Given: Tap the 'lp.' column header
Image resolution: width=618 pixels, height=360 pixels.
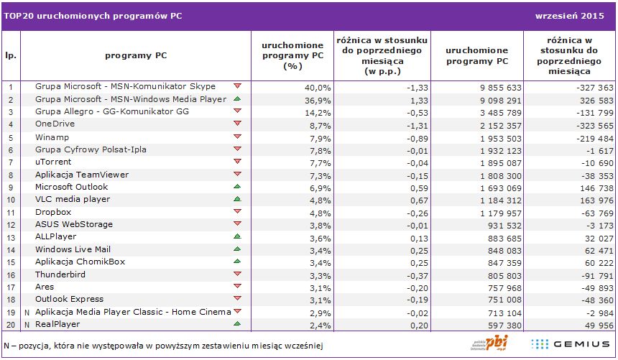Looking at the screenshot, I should (x=11, y=55).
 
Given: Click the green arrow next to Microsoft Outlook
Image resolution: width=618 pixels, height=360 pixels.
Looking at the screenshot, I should (x=237, y=187).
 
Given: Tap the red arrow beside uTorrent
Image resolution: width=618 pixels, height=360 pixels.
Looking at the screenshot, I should (x=237, y=162).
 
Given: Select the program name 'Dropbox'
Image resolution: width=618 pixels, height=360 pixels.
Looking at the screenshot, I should (x=53, y=212).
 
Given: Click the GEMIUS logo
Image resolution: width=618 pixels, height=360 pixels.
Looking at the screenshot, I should (x=572, y=344).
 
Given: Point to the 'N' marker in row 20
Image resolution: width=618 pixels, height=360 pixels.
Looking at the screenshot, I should (x=27, y=324).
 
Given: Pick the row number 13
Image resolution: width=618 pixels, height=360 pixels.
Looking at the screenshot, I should (x=11, y=237).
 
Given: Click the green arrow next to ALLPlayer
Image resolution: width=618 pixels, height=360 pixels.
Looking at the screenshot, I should (x=237, y=236).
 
